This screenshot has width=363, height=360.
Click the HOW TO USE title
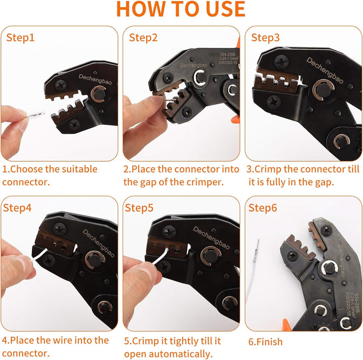pyautogui.click(x=181, y=9)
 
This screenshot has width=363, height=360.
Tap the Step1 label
pyautogui.click(x=20, y=38)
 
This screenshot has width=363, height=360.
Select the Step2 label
pyautogui.click(x=143, y=38)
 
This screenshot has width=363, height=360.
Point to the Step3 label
pyautogui.click(x=265, y=38)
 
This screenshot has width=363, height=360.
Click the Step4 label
pyautogui.click(x=17, y=208)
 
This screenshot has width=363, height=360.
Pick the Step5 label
pyautogui.click(x=139, y=208)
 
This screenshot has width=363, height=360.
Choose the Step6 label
pyautogui.click(x=263, y=208)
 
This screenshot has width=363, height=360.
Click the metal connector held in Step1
pyautogui.click(x=35, y=114)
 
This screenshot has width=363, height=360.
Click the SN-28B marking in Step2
pyautogui.click(x=227, y=54)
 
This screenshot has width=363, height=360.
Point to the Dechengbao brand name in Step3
pyautogui.click(x=325, y=70)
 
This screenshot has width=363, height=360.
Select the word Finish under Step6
pyautogui.click(x=270, y=342)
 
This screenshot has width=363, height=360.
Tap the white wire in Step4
pyautogui.click(x=39, y=255)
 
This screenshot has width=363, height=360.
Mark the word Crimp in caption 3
pyautogui.click(x=268, y=170)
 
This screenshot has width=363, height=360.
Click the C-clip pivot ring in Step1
pyautogui.click(x=98, y=94)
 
